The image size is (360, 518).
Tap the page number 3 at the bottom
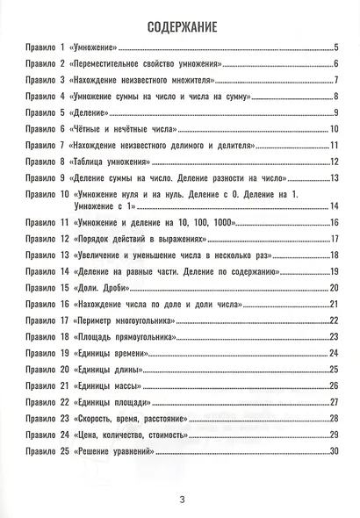click(180, 500)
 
